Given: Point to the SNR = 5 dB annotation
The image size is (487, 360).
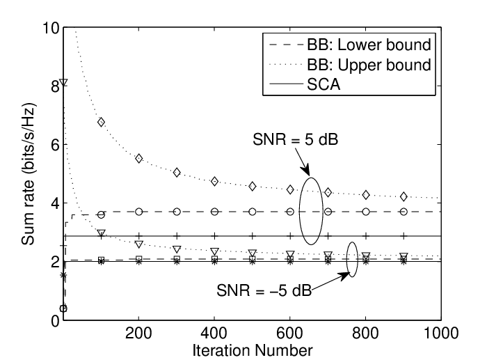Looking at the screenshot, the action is tap(295, 139).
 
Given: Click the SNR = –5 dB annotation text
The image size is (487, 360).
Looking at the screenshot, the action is tap(264, 290).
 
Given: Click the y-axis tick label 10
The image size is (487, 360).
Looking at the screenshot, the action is tap(51, 28).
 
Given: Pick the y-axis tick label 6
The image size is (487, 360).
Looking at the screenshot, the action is tap(55, 145).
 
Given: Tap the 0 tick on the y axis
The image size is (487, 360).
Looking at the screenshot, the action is tap(55, 320).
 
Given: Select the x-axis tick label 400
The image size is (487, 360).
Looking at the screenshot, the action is tap(214, 334).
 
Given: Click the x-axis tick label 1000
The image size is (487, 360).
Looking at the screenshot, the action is tap(441, 334).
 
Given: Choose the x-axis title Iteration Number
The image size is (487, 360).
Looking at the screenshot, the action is tap(253, 351).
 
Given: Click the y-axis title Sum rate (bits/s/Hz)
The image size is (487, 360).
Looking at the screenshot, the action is tap(29, 173).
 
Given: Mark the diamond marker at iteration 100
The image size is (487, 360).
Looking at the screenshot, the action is tap(101, 122).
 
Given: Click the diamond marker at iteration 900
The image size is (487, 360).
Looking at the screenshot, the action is tap(404, 196).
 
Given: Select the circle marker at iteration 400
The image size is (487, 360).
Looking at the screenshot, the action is tap(214, 212).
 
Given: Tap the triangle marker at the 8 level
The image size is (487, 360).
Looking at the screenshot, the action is tap(64, 83).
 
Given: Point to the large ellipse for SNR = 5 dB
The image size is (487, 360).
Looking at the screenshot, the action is tap(299, 212).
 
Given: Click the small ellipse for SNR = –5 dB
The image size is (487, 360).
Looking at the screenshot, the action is tap(346, 259).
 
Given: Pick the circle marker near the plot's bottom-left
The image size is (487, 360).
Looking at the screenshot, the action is tap(63, 308).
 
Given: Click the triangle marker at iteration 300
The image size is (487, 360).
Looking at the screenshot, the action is tap(177, 249).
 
